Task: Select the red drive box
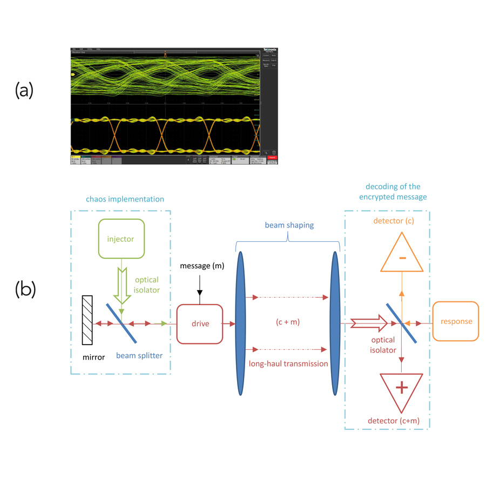click(199, 323)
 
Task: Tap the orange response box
click(456, 321)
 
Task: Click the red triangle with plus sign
click(401, 389)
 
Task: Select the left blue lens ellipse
click(240, 324)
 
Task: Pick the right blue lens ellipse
click(335, 324)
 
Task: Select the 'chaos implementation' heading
click(125, 199)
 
